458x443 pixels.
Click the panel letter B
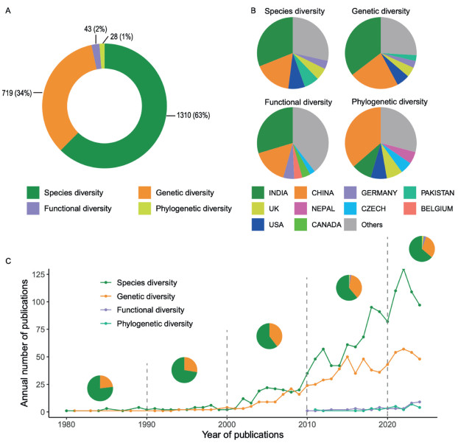click(253, 10)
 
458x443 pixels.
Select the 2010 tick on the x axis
click(307, 424)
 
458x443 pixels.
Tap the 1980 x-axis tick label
click(66, 424)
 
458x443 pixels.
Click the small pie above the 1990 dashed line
click(100, 388)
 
